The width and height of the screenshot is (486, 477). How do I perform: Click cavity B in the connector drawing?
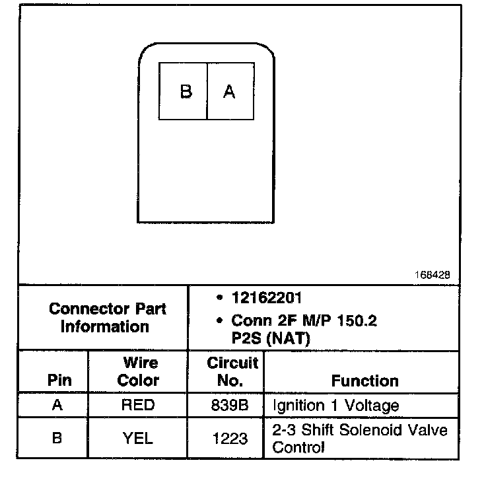click(184, 91)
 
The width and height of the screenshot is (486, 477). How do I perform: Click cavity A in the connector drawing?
click(230, 91)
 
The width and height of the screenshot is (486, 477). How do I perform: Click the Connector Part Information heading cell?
click(108, 317)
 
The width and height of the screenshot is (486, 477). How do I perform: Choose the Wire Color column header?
click(138, 372)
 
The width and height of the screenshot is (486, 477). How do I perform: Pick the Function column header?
click(364, 381)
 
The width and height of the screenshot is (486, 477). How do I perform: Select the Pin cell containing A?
click(57, 405)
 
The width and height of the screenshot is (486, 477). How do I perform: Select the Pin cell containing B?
click(57, 437)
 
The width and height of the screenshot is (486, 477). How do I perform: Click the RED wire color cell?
click(138, 405)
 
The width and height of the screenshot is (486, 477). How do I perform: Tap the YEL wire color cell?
click(138, 437)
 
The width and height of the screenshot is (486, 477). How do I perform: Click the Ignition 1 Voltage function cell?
click(335, 405)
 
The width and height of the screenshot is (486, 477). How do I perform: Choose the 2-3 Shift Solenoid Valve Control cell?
click(360, 439)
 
